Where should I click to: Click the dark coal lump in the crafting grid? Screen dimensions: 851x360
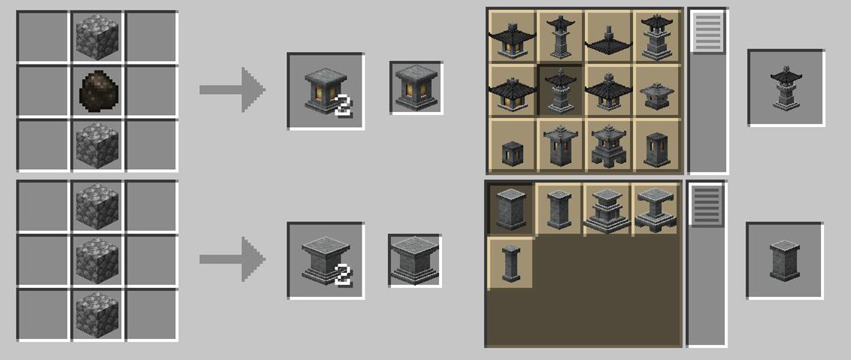(98, 90)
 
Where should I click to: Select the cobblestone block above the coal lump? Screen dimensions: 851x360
(98, 36)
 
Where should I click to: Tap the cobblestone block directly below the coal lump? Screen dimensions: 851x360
(98, 144)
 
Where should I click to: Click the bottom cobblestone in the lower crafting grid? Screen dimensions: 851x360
(98, 315)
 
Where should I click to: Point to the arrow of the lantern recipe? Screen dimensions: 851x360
(232, 89)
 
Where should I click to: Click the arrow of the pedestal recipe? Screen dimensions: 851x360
(232, 259)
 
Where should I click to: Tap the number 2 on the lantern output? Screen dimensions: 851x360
(343, 107)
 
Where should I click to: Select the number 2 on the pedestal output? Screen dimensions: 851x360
(343, 277)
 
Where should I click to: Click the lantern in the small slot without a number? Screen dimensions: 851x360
(416, 87)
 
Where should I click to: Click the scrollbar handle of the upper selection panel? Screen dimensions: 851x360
(707, 32)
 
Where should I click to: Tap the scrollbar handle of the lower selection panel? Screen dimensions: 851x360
(707, 205)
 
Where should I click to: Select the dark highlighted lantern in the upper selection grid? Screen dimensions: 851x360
(560, 90)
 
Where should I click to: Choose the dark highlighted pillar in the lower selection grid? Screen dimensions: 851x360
(510, 208)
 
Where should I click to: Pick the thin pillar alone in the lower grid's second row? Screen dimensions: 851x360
(510, 263)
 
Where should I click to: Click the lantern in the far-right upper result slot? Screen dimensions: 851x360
(786, 88)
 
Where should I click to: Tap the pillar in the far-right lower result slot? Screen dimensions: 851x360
(785, 260)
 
